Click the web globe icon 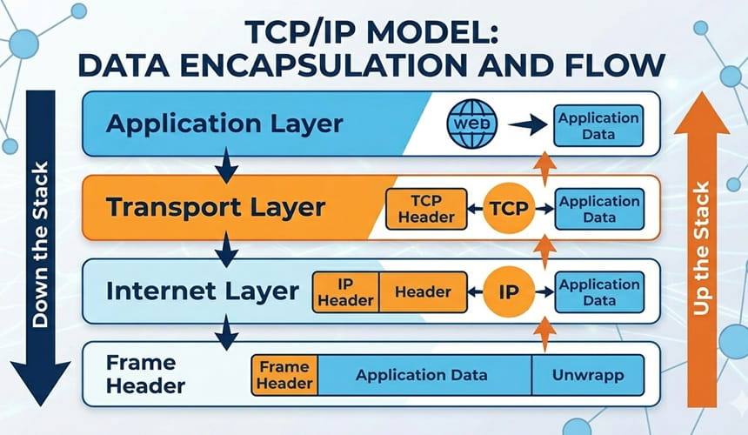click(x=471, y=124)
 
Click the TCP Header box click(x=427, y=210)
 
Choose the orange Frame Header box click(x=285, y=376)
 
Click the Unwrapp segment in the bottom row click(x=587, y=376)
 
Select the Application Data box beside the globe click(x=598, y=125)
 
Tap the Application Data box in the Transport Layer click(x=598, y=210)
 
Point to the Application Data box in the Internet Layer click(x=598, y=292)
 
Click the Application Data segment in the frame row click(x=422, y=376)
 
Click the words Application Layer click(x=224, y=123)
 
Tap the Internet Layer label click(x=202, y=291)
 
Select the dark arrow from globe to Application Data click(x=526, y=125)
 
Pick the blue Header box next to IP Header click(x=423, y=292)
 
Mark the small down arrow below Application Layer click(x=226, y=164)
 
